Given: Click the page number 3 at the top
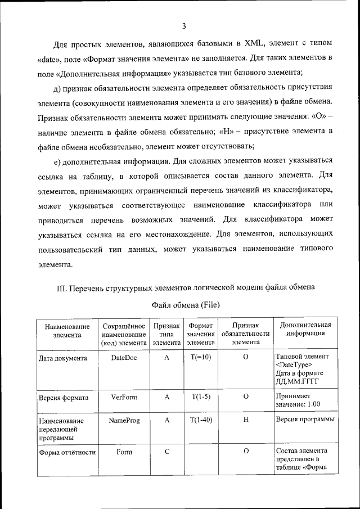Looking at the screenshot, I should click(184, 26).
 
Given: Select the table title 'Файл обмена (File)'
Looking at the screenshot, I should click(186, 305).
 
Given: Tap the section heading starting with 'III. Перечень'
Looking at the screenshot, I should click(186, 287).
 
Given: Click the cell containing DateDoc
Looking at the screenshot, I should click(124, 357).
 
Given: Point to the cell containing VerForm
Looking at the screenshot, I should click(124, 397).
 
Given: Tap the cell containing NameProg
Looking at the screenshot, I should click(124, 420).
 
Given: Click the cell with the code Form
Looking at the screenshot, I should click(124, 452).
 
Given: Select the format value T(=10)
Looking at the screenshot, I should click(201, 357).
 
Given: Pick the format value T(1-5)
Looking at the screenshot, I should click(201, 397).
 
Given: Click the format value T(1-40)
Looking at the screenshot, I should click(201, 420).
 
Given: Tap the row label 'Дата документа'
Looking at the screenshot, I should click(62, 358).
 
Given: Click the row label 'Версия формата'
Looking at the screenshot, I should click(63, 397).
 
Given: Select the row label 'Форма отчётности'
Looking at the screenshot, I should click(67, 452).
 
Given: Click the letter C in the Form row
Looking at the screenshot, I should click(166, 452).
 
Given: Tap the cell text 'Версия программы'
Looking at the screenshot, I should click(305, 420).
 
